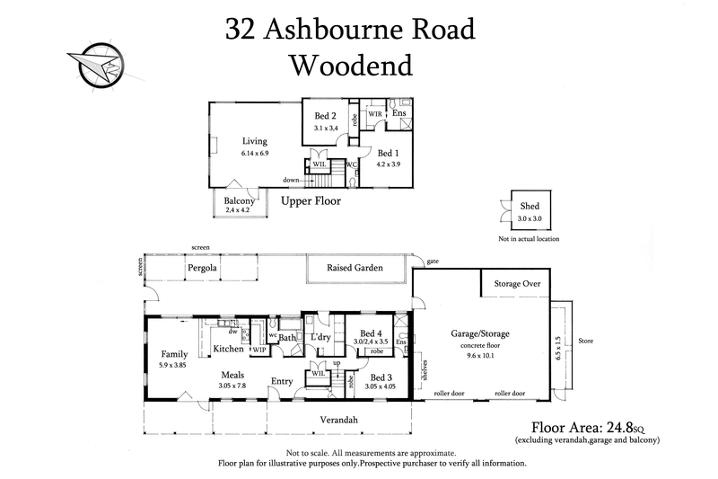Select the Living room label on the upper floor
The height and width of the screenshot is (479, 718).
[254, 141]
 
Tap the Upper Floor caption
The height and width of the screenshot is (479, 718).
[311, 201]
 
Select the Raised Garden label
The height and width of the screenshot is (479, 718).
[355, 268]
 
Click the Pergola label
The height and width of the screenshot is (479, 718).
[204, 268]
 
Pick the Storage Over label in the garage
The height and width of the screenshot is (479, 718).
[517, 283]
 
